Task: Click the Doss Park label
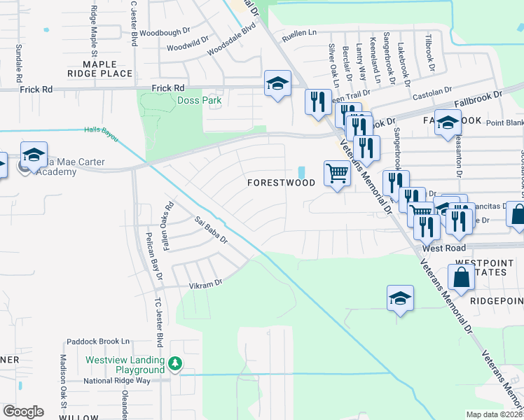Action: point(199,100)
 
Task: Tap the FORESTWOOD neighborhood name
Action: point(281,183)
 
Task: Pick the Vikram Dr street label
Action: point(205,283)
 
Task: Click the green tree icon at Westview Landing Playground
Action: point(175,363)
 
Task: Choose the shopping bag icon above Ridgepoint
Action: point(462,279)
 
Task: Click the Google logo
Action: point(23,411)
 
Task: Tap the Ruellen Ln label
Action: point(299,32)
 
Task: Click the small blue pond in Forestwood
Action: point(301,172)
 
